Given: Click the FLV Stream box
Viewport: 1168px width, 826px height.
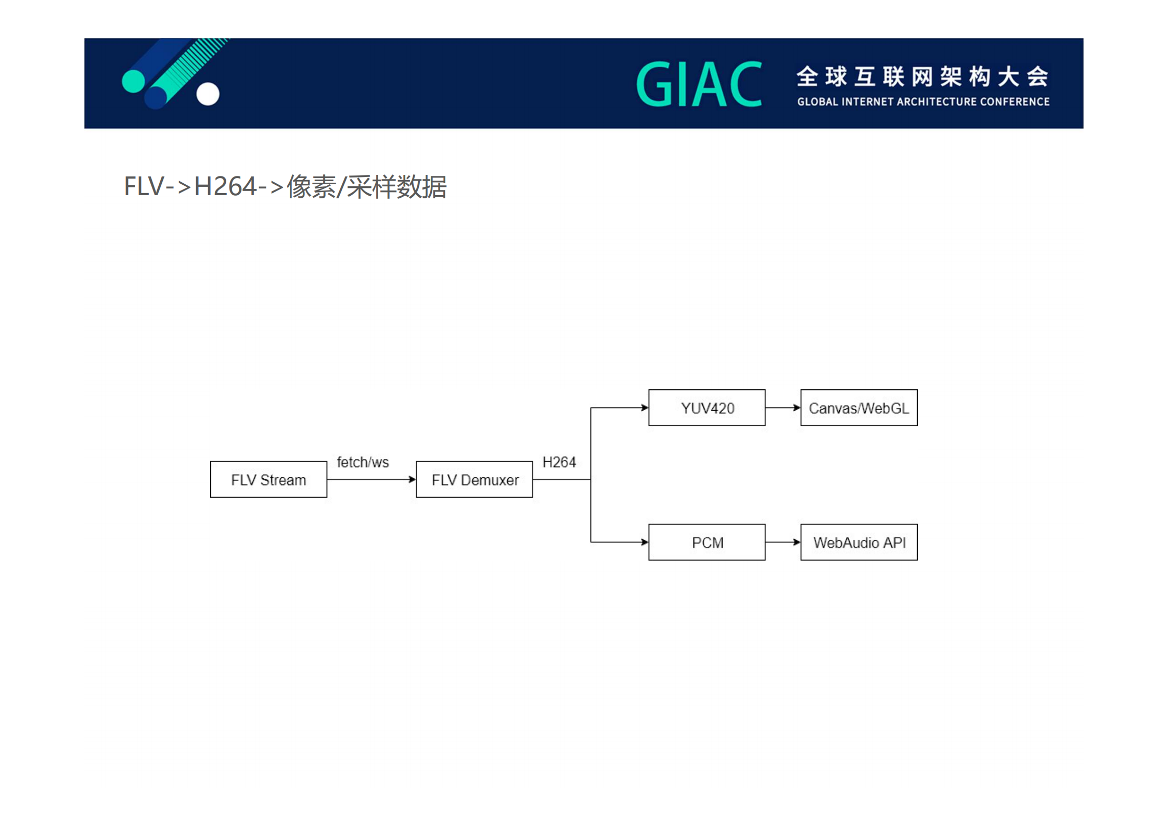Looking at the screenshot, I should click(268, 479).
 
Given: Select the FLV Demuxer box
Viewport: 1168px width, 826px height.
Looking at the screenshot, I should click(474, 479).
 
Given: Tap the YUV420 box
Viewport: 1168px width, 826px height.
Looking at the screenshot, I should click(707, 408).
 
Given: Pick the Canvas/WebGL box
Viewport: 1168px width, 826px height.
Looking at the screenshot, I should click(858, 408).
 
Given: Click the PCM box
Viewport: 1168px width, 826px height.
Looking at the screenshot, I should click(707, 542).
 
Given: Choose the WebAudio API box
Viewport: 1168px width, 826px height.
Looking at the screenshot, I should click(858, 542).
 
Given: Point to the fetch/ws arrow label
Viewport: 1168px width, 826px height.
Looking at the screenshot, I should click(363, 462).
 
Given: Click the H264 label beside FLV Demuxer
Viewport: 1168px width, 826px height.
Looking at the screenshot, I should click(559, 462).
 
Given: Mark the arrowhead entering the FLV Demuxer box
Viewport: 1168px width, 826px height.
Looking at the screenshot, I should click(412, 479).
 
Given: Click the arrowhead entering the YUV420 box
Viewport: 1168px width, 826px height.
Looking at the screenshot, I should click(645, 408).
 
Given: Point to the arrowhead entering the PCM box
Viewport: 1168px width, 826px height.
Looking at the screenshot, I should click(645, 542).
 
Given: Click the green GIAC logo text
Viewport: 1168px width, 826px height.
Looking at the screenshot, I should click(699, 84).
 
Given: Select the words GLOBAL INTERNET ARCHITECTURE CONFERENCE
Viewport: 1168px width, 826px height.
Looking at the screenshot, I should click(923, 101).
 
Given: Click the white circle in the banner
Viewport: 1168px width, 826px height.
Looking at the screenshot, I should click(208, 94).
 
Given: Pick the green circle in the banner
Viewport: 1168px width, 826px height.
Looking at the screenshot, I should click(133, 81).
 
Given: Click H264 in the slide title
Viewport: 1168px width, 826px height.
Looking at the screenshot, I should click(225, 186).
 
